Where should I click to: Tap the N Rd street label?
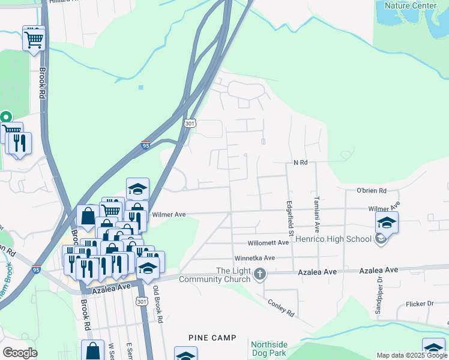[x=300, y=163]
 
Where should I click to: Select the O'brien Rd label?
[x=371, y=191]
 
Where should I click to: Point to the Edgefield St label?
[x=289, y=217]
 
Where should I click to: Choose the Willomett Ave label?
[x=268, y=243]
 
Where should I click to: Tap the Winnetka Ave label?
[x=254, y=258]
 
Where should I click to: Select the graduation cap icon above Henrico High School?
[x=387, y=223]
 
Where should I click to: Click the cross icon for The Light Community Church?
[x=260, y=275]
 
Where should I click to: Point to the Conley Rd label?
[x=281, y=308]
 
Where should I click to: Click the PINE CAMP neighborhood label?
[x=212, y=338]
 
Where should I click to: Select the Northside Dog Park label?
[x=269, y=349]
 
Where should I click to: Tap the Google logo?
[x=20, y=352]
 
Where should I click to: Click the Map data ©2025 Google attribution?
[x=411, y=355]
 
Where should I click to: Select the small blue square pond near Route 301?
[x=141, y=88]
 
